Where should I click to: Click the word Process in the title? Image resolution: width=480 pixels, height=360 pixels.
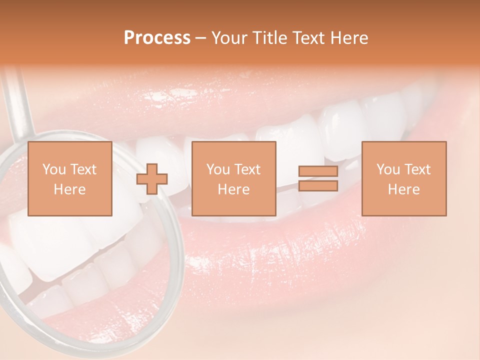(157, 38)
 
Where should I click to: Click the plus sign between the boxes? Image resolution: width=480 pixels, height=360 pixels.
(152, 179)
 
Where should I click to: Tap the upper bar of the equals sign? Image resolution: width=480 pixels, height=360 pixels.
(318, 171)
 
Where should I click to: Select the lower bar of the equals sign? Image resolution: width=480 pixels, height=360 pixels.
(318, 186)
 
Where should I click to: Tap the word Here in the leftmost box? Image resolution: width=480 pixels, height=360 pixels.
(69, 189)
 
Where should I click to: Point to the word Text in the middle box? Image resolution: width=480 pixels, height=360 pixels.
(247, 169)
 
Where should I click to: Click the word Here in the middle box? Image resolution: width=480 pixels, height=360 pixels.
(233, 189)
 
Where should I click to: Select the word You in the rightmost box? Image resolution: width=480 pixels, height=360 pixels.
(388, 169)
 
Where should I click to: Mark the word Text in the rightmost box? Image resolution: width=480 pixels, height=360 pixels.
(417, 169)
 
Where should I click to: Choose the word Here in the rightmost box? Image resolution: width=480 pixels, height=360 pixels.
(403, 189)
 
